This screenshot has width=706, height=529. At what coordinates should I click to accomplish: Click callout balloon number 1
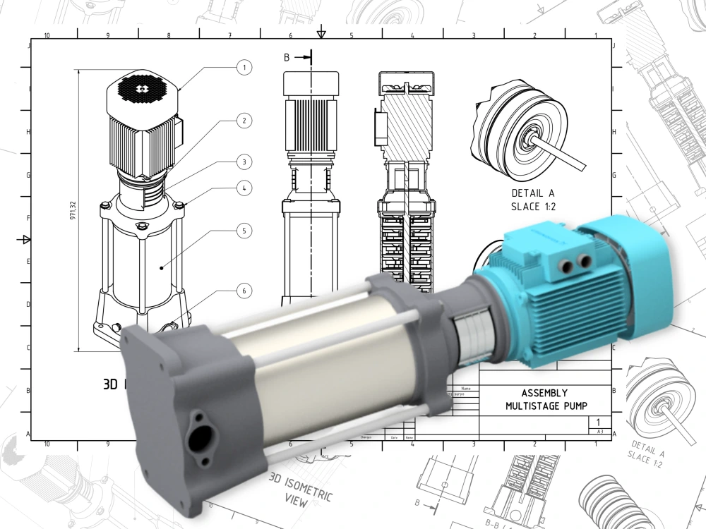click(244, 68)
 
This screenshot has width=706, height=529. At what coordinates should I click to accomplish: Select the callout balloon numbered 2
click(244, 121)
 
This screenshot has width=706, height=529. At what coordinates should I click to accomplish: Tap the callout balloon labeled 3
click(244, 162)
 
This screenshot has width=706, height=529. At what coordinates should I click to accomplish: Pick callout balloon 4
click(244, 188)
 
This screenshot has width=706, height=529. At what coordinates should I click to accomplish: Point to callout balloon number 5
click(244, 231)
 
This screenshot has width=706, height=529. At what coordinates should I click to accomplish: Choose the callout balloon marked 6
click(244, 290)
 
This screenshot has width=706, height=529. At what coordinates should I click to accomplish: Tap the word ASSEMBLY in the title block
click(544, 393)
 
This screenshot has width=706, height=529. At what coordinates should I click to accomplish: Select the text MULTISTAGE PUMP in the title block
click(546, 406)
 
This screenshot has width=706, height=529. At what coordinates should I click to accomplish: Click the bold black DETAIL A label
click(534, 192)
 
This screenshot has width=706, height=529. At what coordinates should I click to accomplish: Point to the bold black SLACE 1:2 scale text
click(534, 206)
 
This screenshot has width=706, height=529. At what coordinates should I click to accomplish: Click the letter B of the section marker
click(287, 58)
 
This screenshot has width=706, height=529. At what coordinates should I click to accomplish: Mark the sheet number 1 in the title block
click(598, 421)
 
